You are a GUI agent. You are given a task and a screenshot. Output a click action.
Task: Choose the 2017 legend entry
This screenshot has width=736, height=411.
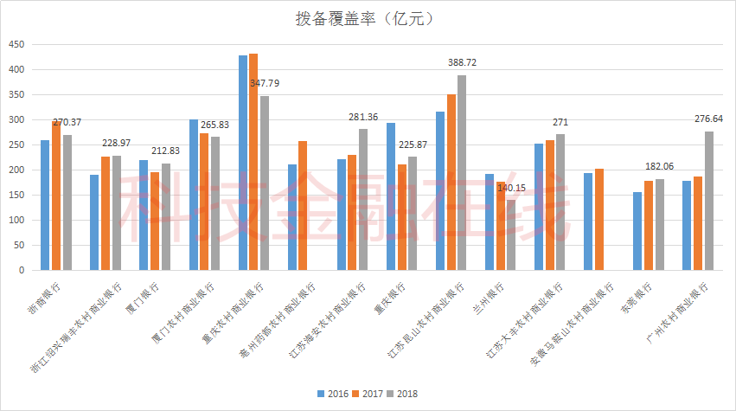(x=370, y=394)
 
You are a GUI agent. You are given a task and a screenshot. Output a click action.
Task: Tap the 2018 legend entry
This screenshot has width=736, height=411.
(x=406, y=394)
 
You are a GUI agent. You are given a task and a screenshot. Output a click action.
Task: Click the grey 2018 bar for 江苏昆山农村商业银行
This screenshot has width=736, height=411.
(x=462, y=172)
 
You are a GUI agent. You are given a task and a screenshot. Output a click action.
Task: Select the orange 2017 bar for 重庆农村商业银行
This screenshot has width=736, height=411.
(x=253, y=162)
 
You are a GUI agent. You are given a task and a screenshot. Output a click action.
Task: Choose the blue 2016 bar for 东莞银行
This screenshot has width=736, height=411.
(x=637, y=231)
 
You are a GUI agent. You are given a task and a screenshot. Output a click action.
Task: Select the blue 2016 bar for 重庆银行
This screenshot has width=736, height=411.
(x=391, y=196)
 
